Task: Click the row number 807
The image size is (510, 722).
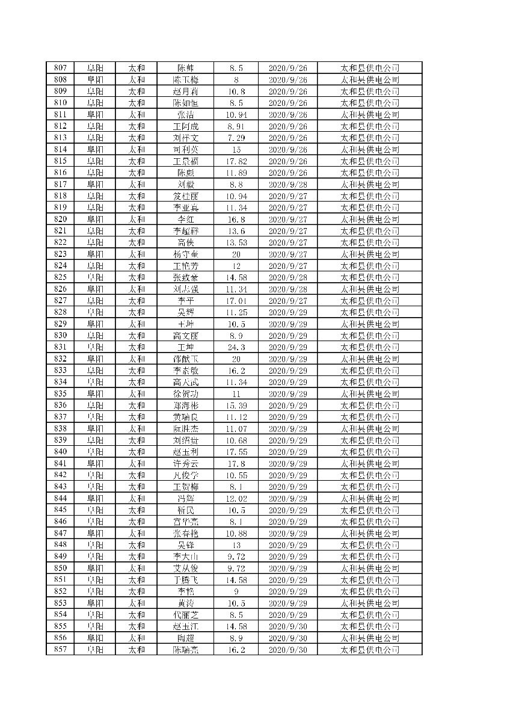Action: tap(60, 68)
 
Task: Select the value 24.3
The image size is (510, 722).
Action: tap(236, 347)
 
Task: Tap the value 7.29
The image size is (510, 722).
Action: tap(236, 138)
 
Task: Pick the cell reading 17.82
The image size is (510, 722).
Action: tap(236, 161)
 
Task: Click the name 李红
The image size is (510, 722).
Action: tap(186, 220)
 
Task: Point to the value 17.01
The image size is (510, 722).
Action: tap(236, 301)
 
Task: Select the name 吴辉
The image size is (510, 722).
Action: tap(186, 312)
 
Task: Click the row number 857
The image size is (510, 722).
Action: tap(60, 650)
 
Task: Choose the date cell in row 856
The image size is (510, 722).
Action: tap(287, 638)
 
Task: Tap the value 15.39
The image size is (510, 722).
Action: tap(236, 406)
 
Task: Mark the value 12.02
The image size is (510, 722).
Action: tap(236, 499)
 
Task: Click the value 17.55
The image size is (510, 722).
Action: tap(236, 452)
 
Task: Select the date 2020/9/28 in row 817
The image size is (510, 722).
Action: tap(287, 185)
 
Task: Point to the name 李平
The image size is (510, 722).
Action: tap(186, 301)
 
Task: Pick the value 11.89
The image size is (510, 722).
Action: tap(236, 173)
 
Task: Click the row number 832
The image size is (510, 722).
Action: tap(60, 359)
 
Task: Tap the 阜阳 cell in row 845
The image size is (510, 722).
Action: tap(94, 510)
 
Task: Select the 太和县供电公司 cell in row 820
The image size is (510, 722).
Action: tap(370, 220)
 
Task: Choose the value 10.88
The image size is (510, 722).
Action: tap(236, 534)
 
